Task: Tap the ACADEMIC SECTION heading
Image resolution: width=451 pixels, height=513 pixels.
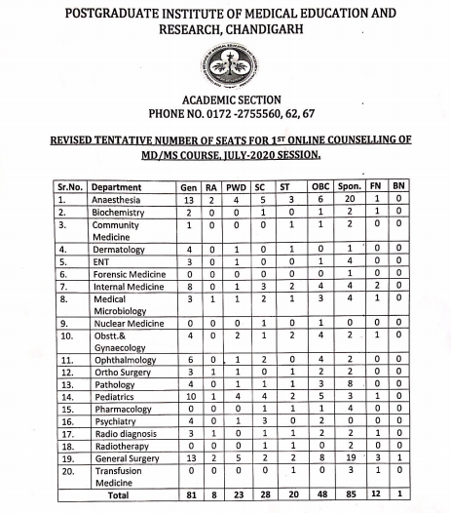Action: point(225,99)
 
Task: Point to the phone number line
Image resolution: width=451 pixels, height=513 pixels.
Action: point(225,114)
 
